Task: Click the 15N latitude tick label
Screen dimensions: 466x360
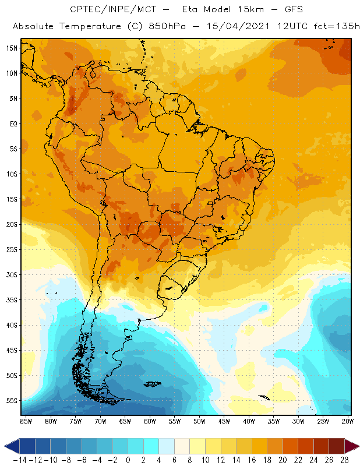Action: pos(12,48)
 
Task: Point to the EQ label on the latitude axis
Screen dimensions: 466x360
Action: pos(12,123)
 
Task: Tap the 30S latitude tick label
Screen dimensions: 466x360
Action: pos(12,274)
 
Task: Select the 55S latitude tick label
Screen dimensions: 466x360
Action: pos(12,401)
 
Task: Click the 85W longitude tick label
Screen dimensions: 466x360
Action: pos(26,421)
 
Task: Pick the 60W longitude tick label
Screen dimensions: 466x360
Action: pos(150,421)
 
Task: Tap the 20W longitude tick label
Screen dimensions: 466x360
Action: pos(348,421)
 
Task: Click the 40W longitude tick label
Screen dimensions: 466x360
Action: pos(249,421)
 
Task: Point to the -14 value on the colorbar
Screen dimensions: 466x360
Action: pos(19,460)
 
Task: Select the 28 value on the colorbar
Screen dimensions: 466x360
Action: pos(344,460)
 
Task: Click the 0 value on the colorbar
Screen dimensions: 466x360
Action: pos(128,460)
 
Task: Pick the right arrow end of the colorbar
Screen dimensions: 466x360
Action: pos(352,446)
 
